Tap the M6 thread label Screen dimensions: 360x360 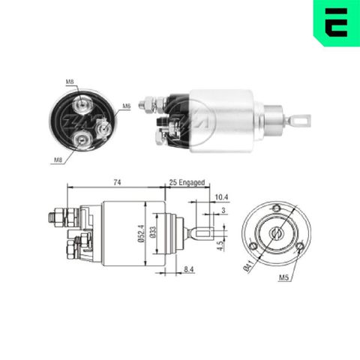coord(127,106)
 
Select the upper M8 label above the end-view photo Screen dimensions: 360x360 coord(70,81)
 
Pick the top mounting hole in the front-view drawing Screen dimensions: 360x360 coord(277,208)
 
